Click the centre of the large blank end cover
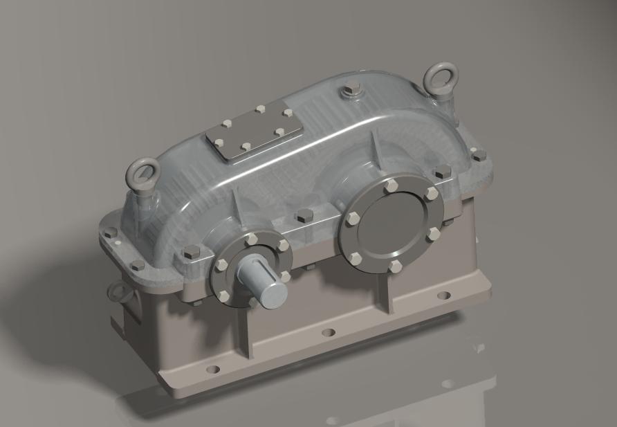point(392,224)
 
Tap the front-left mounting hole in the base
point(212,369)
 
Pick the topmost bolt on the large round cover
point(392,185)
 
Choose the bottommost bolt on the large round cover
point(395,265)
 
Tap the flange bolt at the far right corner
point(479,156)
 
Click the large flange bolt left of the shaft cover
point(191,252)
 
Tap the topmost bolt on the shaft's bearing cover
point(251,238)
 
